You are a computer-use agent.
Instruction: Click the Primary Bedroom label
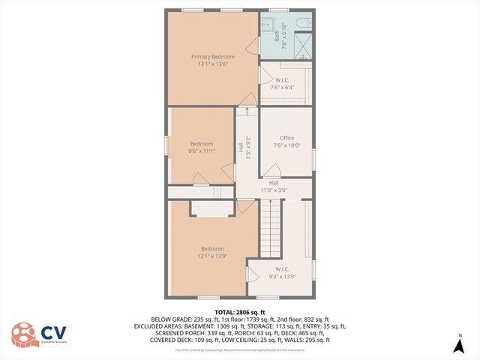coord(212,57)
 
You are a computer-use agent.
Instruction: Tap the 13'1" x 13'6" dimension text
coord(212,64)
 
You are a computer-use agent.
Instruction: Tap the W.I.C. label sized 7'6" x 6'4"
coord(283,79)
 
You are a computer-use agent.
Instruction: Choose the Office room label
coord(286,138)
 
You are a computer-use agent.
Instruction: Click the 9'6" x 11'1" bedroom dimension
coord(201,151)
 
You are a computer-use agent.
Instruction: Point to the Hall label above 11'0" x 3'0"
coord(274,183)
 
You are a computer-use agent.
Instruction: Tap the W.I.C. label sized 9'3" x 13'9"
coord(283,268)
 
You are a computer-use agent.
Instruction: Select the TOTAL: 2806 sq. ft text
coord(240,312)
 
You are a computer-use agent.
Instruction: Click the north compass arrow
coord(460,346)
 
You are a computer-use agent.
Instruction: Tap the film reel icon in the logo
coord(22,335)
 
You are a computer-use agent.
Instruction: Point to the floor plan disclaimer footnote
coord(240,349)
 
